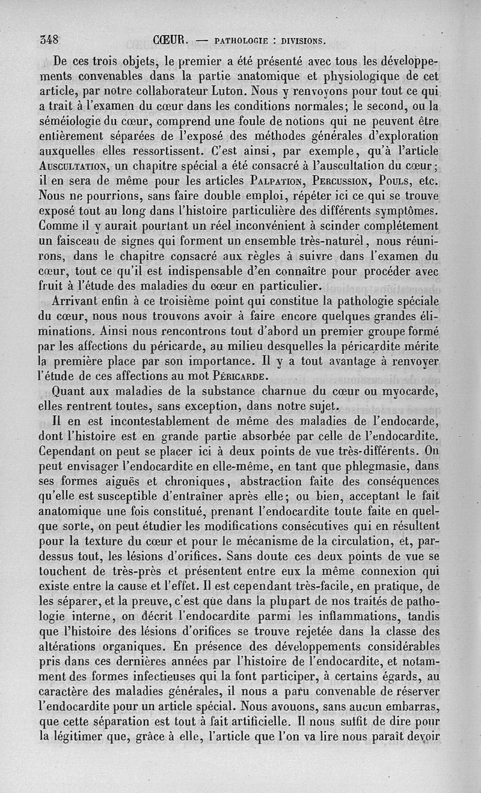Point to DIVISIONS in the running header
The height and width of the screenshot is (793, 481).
coord(299,42)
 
